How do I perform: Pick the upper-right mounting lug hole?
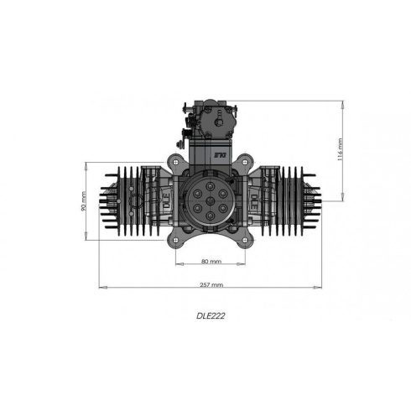pyautogui.click(x=241, y=163)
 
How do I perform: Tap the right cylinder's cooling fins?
pyautogui.click(x=294, y=201)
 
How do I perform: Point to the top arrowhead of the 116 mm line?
pyautogui.click(x=342, y=103)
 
